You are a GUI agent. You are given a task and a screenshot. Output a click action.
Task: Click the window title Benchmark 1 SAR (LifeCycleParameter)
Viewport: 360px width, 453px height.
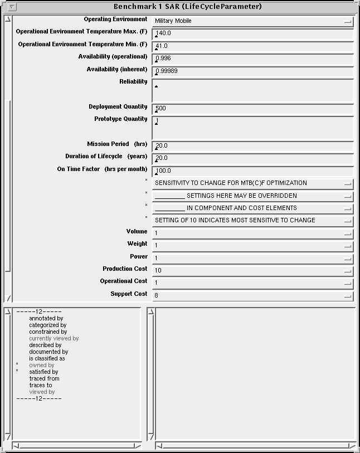pos(187,7)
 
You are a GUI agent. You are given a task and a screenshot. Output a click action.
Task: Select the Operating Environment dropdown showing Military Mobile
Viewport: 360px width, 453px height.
pos(252,21)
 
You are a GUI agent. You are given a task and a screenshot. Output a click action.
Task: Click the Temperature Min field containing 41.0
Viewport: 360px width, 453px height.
pos(252,46)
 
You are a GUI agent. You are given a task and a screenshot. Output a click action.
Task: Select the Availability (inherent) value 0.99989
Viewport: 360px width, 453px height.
pos(252,71)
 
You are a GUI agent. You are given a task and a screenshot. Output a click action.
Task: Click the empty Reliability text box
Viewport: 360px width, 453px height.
pos(252,90)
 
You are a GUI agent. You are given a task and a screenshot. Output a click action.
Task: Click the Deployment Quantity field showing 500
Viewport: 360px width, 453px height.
pos(252,109)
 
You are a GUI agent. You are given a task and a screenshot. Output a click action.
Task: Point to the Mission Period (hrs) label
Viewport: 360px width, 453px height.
pos(117,144)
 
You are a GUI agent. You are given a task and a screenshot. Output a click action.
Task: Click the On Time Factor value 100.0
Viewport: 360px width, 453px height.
pos(252,171)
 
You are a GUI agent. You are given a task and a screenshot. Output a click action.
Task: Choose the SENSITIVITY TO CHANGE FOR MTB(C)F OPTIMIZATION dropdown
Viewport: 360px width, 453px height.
pos(252,183)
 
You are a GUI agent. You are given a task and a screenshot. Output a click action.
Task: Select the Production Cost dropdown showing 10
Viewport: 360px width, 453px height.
pos(252,271)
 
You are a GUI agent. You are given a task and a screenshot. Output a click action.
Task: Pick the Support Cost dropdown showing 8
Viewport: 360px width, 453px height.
pos(252,295)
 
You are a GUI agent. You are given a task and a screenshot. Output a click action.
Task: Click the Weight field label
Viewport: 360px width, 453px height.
pos(137,244)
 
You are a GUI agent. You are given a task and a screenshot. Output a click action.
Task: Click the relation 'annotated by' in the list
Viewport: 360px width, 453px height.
pos(46,319)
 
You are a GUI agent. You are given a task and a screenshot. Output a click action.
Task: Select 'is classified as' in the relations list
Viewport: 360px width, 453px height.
pos(47,359)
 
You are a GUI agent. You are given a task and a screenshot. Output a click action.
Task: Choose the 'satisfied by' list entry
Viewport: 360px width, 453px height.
pos(44,372)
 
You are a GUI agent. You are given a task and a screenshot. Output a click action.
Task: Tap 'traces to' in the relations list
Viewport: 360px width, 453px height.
pos(41,385)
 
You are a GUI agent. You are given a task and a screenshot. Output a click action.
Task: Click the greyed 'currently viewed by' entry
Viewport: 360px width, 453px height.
pos(54,338)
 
